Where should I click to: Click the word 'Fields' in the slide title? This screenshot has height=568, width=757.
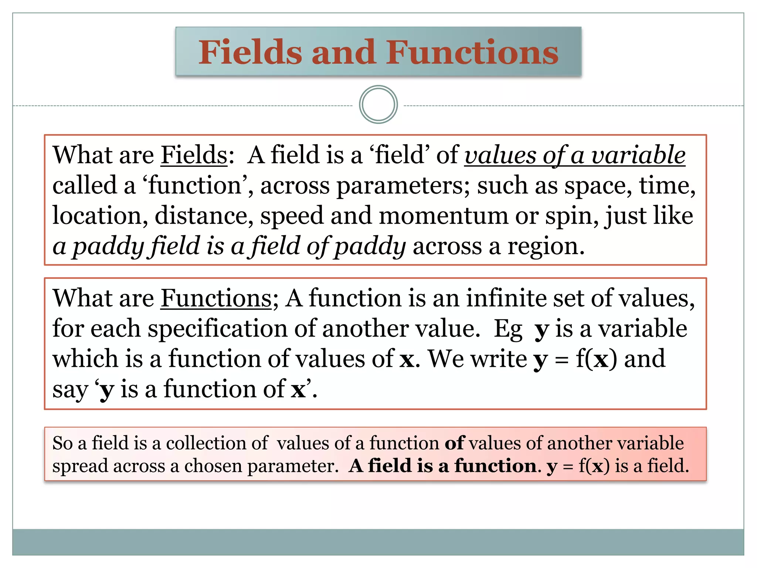(250, 53)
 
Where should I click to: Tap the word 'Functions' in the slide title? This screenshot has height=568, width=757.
(472, 53)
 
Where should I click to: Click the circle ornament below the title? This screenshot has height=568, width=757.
(378, 105)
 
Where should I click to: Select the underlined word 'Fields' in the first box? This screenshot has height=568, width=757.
(194, 155)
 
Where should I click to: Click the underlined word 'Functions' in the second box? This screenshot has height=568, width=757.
(216, 298)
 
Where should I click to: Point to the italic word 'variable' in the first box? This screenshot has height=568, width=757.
(638, 155)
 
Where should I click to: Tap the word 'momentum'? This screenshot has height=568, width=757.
(444, 216)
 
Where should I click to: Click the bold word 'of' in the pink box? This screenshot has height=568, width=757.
(454, 443)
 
